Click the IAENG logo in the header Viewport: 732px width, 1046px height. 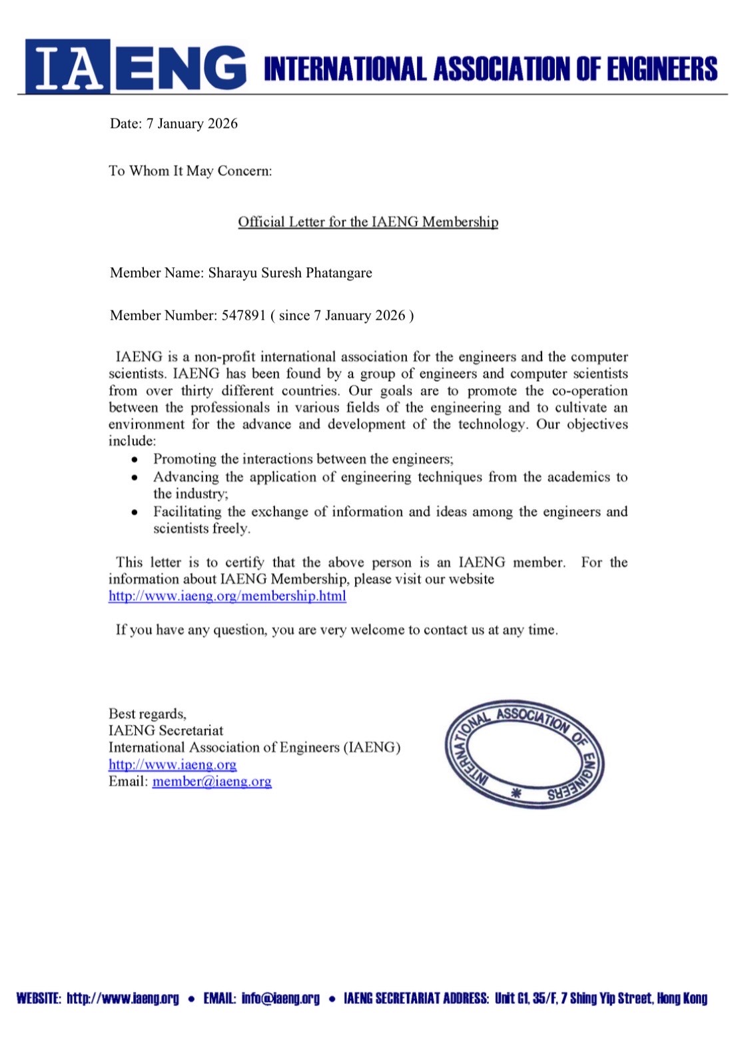[135, 67]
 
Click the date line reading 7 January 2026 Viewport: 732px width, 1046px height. [174, 124]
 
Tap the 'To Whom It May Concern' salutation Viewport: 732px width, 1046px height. [190, 171]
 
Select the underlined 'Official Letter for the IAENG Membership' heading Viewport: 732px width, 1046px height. [368, 222]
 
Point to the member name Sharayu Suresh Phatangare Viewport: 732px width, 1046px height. [290, 273]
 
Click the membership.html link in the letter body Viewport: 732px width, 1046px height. [227, 596]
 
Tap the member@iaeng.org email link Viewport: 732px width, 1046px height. [212, 782]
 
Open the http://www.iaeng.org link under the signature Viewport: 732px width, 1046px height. [173, 765]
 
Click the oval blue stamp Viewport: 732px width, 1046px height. [524, 754]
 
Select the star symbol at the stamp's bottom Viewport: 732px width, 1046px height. [514, 793]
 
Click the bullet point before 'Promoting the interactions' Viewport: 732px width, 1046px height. [135, 460]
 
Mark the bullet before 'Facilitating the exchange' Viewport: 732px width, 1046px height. [135, 512]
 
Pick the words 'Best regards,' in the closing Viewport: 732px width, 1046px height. [147, 714]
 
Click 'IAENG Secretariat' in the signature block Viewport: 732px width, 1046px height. [166, 731]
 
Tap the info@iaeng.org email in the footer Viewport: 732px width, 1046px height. [280, 998]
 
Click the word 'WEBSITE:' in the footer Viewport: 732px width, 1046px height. [39, 998]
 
